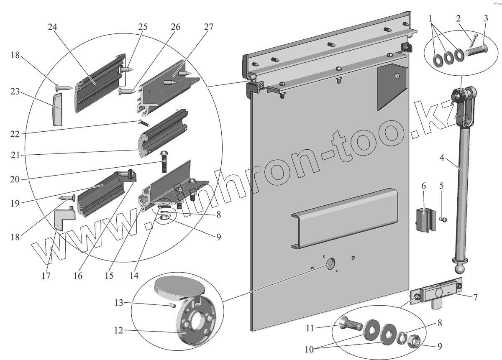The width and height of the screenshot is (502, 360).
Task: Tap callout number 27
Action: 208,27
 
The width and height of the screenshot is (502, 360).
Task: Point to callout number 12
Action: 118,330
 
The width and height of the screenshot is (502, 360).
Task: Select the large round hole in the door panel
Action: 330,264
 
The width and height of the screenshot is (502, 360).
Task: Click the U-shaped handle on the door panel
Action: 345,220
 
